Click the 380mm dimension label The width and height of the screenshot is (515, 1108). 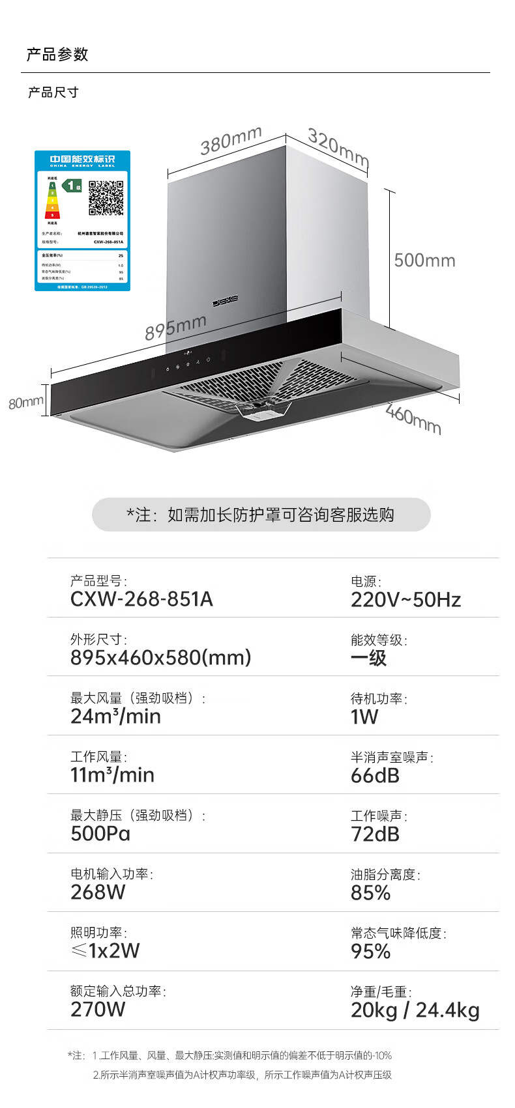click(x=231, y=141)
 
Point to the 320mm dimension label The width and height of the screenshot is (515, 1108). click(x=338, y=148)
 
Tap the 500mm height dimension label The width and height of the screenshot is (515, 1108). click(x=424, y=261)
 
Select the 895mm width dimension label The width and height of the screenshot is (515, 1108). click(x=175, y=327)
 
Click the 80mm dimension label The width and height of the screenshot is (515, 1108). click(x=25, y=403)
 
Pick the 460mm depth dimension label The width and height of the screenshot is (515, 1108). click(x=413, y=419)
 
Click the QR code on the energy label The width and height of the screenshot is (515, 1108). click(x=106, y=198)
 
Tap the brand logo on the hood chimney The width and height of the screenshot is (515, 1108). click(x=226, y=301)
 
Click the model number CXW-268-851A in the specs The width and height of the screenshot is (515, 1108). click(x=141, y=599)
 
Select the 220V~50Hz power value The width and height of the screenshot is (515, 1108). click(x=405, y=600)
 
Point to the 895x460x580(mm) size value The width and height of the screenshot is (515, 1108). click(x=160, y=658)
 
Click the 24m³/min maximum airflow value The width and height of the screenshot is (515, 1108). click(x=115, y=717)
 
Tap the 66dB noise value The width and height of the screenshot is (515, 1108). click(x=375, y=776)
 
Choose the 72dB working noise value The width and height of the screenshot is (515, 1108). click(x=375, y=834)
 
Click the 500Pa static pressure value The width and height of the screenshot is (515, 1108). click(x=100, y=834)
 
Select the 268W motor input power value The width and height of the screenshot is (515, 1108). click(x=98, y=892)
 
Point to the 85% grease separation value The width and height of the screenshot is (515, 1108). click(x=370, y=893)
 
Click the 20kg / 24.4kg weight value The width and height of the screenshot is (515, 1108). click(x=415, y=1010)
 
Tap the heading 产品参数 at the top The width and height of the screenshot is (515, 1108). click(x=57, y=55)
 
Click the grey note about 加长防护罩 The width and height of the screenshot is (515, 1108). click(x=261, y=515)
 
